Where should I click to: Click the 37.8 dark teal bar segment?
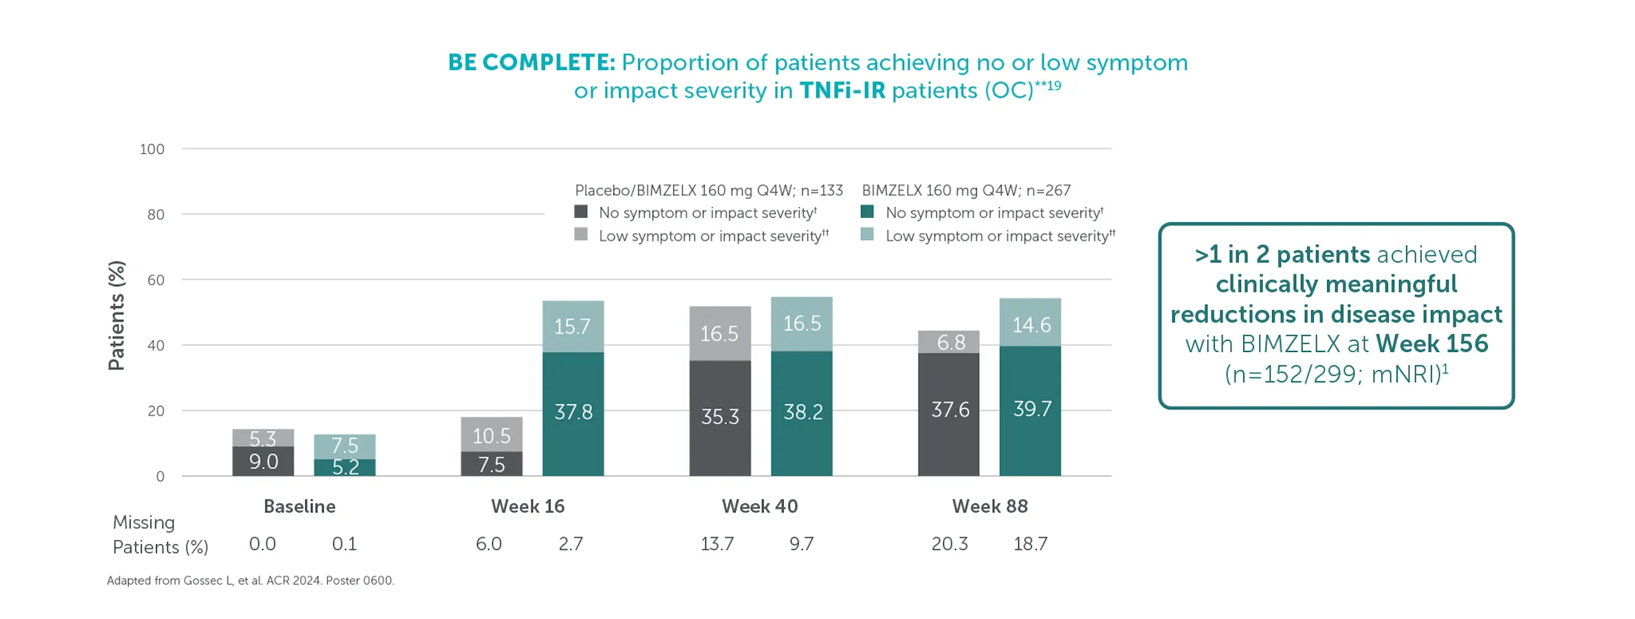pos(573,413)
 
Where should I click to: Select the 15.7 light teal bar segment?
pos(573,327)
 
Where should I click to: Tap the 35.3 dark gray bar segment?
pos(720,417)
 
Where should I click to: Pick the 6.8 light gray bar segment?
pos(948,342)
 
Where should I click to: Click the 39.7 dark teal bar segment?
pos(1030,411)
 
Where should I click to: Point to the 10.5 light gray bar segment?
pos(491,435)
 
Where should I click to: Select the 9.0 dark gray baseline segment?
pos(263,461)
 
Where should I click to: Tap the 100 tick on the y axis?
pos(152,149)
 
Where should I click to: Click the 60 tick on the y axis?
pos(155,280)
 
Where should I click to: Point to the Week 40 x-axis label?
pos(759,507)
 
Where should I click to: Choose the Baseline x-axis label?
pos(300,507)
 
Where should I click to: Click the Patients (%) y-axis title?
pos(117,316)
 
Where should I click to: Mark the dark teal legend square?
pos(867,212)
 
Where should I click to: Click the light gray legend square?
pos(581,235)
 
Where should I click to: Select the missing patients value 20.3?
pos(949,544)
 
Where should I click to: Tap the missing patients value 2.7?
pos(570,544)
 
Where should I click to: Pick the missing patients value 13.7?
pos(717,544)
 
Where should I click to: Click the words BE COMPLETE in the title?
pos(531,63)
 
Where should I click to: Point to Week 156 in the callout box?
pos(1431,344)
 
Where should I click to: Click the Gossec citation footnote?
pos(250,580)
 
